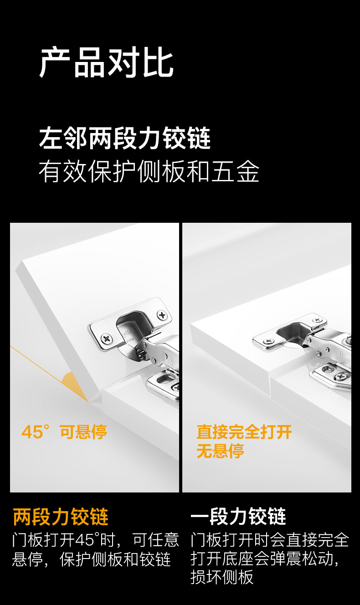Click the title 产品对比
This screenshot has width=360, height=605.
pos(107,63)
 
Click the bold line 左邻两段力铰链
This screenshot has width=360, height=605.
pos(125,138)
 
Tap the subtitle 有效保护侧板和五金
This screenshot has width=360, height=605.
pos(149,172)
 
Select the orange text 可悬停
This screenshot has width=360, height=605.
pos(83,431)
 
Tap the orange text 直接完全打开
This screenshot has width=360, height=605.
pos(244,432)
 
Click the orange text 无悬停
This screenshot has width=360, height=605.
pos(220,451)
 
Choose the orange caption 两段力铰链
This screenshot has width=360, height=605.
pos(61,517)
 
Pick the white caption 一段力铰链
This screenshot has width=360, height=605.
pos(238,517)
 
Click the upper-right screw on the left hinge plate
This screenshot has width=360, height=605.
pos(162,314)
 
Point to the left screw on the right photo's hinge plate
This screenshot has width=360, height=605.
pos(268,341)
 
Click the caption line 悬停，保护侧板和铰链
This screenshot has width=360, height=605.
pos(91,559)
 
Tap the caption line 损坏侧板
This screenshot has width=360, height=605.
pos(222,577)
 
